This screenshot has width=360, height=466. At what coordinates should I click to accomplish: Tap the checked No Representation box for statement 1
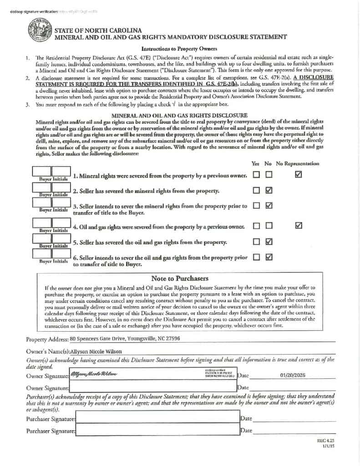click(x=299, y=174)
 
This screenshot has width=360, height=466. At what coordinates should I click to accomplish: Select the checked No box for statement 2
click(x=269, y=190)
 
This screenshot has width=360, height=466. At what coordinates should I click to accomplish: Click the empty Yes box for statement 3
click(x=256, y=205)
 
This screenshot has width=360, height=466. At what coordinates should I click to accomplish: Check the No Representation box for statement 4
click(x=299, y=225)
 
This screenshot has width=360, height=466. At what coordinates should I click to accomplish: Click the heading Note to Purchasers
click(x=179, y=278)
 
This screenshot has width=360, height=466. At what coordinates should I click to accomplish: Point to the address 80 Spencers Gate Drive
click(x=125, y=339)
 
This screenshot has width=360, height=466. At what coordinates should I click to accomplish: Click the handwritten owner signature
click(x=93, y=374)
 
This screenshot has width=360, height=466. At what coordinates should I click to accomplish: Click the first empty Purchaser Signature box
click(x=157, y=418)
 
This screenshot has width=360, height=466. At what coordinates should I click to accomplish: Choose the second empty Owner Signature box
click(x=152, y=388)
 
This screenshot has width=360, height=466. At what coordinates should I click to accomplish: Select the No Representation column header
click(x=298, y=163)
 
